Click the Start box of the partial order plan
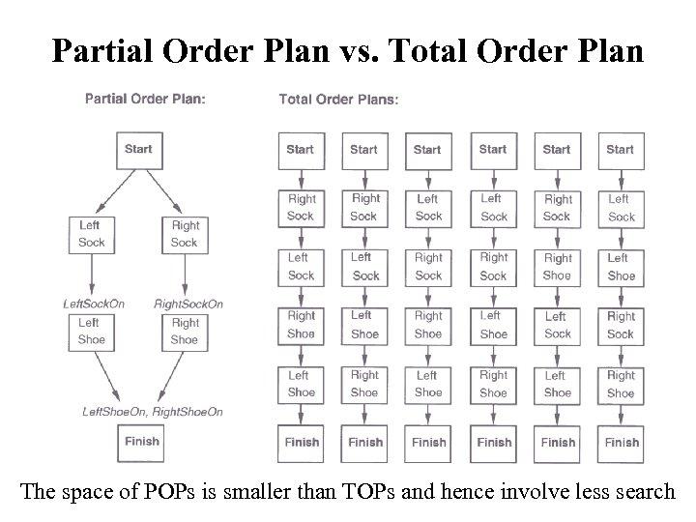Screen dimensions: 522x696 (x=138, y=151)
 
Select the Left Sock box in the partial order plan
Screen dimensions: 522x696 (x=92, y=234)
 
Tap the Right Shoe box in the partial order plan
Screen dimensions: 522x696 (x=185, y=331)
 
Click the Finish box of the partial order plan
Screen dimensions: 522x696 (x=141, y=442)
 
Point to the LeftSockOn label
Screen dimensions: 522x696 (x=94, y=304)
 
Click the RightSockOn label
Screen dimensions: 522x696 (x=188, y=304)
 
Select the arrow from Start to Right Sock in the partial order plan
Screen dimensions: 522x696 (x=164, y=190)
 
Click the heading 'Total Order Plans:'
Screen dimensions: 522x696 (x=338, y=99)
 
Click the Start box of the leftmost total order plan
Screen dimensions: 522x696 (x=300, y=151)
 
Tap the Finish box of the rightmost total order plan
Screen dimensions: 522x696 (x=622, y=442)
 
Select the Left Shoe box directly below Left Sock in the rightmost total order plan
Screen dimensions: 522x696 (x=622, y=267)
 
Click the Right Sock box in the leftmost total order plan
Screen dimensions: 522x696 (x=301, y=208)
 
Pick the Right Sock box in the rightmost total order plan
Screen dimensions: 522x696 (x=621, y=325)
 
